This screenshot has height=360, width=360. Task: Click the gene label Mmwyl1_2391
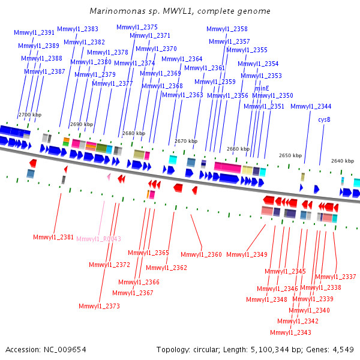(x=34, y=32)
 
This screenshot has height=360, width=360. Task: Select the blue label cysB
(x=324, y=119)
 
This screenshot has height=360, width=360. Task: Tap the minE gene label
(x=262, y=88)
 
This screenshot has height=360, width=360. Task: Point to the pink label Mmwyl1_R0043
(x=99, y=239)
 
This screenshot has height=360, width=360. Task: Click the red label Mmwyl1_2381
(x=53, y=237)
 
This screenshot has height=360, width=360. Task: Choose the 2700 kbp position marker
(x=30, y=115)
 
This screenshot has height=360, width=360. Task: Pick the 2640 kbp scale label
(x=343, y=161)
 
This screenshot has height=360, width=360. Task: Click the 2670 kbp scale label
(x=186, y=141)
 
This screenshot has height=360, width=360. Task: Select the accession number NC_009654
(x=65, y=350)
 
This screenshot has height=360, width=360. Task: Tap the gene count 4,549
(x=343, y=350)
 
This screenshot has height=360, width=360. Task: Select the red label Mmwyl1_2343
(x=290, y=332)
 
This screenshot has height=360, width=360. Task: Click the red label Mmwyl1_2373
(x=99, y=306)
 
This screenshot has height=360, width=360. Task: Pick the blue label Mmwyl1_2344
(x=311, y=106)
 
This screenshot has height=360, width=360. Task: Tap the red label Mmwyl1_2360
(x=201, y=254)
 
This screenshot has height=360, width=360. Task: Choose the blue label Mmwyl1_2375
(x=137, y=28)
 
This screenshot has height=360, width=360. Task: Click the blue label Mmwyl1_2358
(x=227, y=29)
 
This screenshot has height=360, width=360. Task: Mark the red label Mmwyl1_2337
(x=335, y=277)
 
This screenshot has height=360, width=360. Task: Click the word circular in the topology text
(x=204, y=350)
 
